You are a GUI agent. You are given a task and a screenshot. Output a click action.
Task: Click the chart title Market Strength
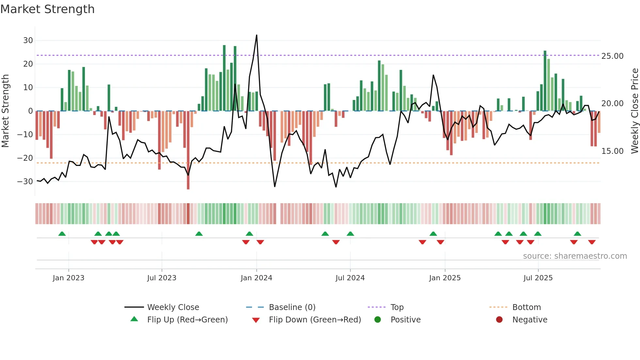coord(47,9)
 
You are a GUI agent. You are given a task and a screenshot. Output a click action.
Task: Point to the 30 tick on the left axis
coord(28,41)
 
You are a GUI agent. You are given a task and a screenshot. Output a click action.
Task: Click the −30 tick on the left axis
coord(25,182)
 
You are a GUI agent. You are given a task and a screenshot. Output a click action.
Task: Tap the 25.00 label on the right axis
coord(612,56)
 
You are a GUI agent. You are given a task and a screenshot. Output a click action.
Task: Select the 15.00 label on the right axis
coord(612,151)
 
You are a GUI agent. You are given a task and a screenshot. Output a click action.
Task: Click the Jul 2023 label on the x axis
coord(162,278)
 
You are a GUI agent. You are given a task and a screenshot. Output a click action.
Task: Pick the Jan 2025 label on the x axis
coord(445,278)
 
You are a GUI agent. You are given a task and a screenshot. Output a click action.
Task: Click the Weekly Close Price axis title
coord(634,111)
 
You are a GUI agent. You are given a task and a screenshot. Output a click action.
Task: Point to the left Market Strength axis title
coord(6,111)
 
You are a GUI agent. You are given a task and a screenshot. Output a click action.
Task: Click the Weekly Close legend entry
coord(173,307)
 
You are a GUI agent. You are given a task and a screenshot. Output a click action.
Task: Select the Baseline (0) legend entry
coord(292,307)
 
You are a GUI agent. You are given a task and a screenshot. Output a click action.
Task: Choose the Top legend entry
coord(397,307)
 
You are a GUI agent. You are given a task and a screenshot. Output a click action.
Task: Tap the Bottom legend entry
coord(526,307)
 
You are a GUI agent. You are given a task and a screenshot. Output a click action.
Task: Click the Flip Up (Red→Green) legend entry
coord(187,320)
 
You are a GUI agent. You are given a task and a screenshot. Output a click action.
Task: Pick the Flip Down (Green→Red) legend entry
coord(315,320)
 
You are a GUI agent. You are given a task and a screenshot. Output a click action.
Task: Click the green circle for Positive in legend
coord(377,320)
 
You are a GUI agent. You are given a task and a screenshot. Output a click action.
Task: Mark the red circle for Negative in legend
coord(499,320)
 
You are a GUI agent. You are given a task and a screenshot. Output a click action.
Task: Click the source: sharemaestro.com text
coord(575,256)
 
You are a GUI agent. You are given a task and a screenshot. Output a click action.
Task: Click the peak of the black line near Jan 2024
coord(257,35)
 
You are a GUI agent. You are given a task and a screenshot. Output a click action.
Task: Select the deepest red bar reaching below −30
coord(188,183)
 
